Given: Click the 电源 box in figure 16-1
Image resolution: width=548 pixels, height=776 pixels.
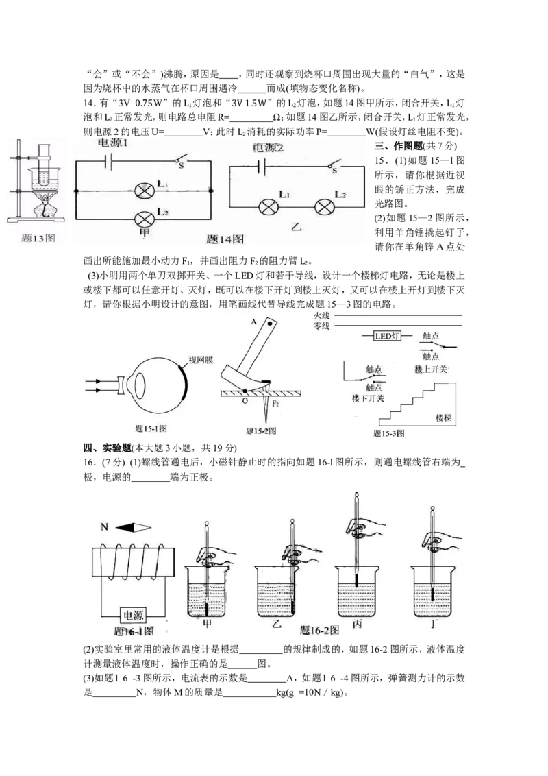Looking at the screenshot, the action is [133, 615].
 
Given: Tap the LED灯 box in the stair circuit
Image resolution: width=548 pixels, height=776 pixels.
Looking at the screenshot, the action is [387, 336].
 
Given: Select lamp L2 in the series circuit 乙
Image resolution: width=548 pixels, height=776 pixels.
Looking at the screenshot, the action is [325, 207].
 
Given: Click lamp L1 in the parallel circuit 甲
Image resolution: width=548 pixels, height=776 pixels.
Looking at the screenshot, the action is [145, 191].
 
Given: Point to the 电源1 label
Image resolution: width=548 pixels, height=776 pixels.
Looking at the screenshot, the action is [112, 143].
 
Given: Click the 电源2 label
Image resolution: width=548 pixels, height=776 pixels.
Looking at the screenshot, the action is [268, 148].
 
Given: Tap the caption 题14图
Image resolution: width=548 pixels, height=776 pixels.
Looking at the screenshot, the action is [225, 239].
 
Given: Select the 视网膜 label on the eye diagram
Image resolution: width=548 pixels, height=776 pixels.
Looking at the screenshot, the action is [201, 361].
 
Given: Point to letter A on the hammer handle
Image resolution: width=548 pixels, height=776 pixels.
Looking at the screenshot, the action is [253, 322].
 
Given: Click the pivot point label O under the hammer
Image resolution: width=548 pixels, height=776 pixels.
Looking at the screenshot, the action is [245, 401].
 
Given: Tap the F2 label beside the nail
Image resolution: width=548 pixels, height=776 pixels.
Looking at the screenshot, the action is [275, 404].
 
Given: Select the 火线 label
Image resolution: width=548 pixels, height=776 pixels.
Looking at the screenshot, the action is [321, 315].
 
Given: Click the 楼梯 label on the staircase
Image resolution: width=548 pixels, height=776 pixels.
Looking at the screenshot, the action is [444, 418].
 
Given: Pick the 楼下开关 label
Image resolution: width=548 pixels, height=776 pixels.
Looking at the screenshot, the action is [368, 398].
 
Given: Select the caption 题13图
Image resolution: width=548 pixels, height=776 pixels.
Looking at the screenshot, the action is [38, 239].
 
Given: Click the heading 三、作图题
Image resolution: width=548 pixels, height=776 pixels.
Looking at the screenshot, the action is [399, 146].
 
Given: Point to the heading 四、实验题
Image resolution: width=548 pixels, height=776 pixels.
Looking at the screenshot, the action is [107, 448].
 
